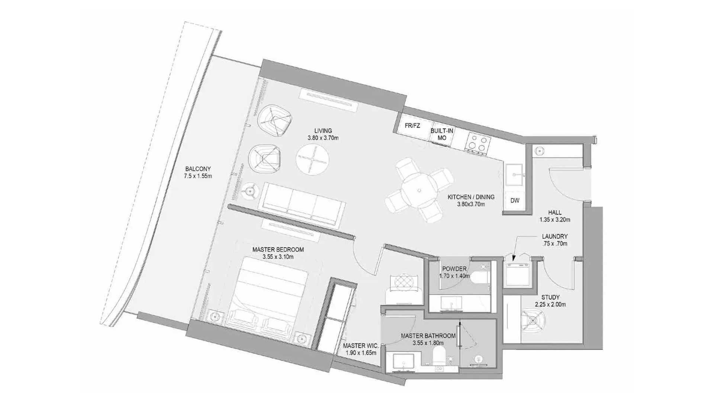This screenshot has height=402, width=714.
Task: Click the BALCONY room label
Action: point(198,169)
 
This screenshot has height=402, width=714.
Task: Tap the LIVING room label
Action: point(323,131)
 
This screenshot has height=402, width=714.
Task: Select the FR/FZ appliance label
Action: point(412,126)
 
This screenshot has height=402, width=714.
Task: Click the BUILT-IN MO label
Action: point(442,134)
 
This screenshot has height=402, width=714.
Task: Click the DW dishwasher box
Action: point(515,201)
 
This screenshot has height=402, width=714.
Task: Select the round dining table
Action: point(419,191)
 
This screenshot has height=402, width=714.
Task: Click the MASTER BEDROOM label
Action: point(278,249)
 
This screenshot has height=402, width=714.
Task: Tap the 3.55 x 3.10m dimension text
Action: point(278,257)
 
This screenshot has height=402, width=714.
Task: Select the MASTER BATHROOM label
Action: point(428,336)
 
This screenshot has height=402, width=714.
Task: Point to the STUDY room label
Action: point(550,297)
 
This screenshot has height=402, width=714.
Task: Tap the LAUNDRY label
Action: point(555,236)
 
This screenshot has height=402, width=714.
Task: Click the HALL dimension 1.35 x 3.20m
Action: point(555,220)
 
